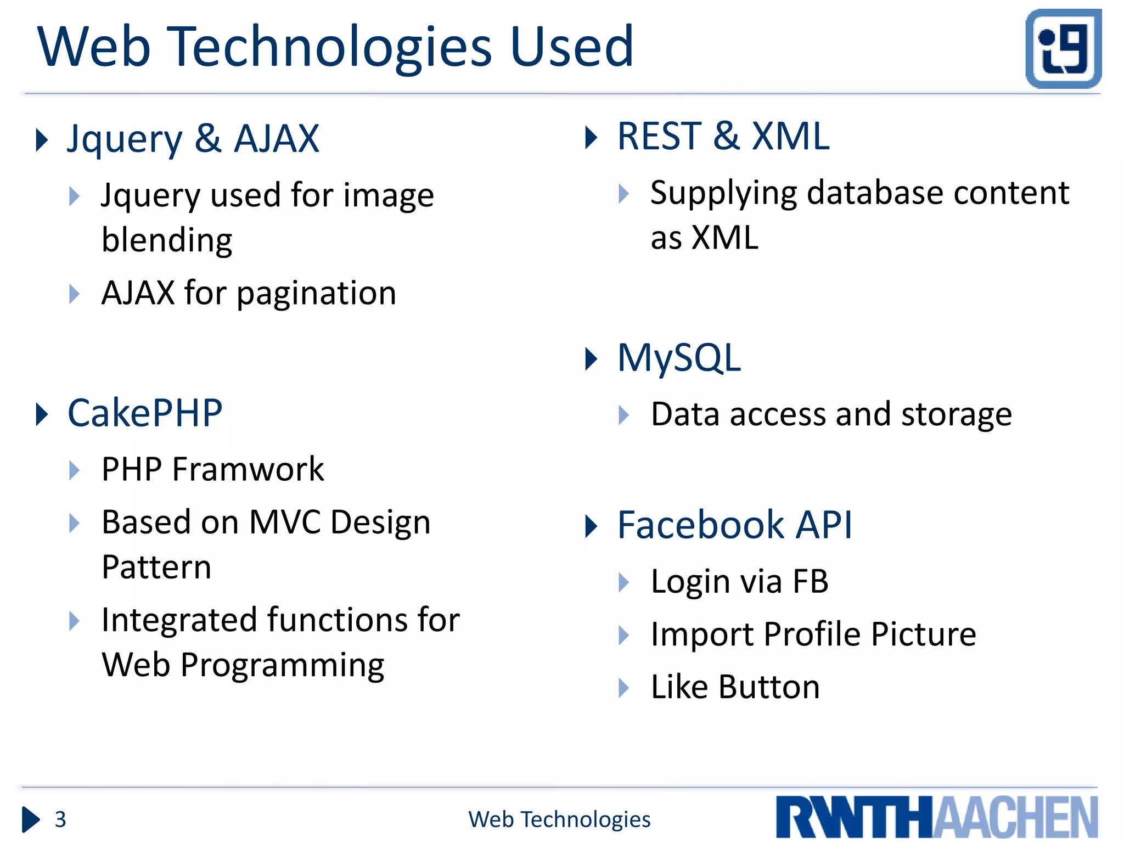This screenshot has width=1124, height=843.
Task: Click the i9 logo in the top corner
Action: coord(1063,48)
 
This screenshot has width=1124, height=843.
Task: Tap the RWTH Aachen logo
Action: coord(936,817)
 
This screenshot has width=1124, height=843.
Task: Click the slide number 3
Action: coord(60,819)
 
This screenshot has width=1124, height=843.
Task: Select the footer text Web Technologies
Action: coord(559,819)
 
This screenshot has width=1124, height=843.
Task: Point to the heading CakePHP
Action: coord(145,413)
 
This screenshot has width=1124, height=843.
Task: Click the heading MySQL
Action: coord(679,358)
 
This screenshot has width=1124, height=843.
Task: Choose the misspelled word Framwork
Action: coord(248,469)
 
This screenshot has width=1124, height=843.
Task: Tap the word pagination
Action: coord(316,294)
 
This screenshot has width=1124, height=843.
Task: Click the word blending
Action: coord(167,240)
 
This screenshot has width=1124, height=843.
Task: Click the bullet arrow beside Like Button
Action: coord(623,688)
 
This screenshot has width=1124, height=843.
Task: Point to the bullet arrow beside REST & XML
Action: coord(591,137)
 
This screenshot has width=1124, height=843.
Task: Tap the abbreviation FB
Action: coord(811,581)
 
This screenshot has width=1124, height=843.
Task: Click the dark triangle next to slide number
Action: coord(30,819)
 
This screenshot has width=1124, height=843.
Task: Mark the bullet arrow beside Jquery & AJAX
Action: coord(41,139)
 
